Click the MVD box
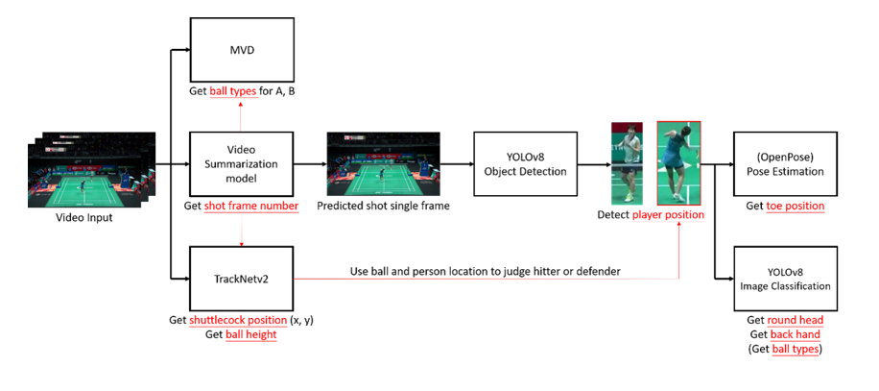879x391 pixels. click(x=243, y=50)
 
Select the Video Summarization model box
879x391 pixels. click(x=243, y=164)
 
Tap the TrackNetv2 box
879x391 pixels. click(x=243, y=279)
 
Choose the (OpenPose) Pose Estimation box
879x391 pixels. click(x=785, y=164)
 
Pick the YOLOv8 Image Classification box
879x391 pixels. click(x=785, y=279)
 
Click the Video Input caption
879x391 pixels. click(x=85, y=218)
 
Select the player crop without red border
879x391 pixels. click(x=630, y=163)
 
